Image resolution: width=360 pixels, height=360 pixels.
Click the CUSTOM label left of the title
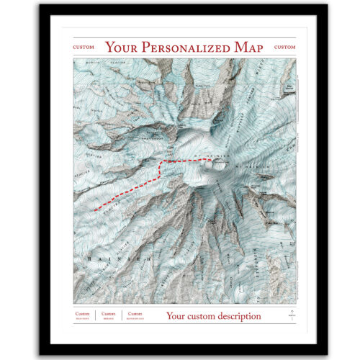pos(84,48)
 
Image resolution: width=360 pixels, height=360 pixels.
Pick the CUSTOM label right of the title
pos(285,48)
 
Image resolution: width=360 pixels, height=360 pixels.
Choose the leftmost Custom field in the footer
pos(83,315)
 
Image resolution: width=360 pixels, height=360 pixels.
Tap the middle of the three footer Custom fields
pos(108,315)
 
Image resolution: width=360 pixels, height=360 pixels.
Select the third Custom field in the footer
pos(135,315)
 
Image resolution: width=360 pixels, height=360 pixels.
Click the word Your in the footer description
pos(176,315)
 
